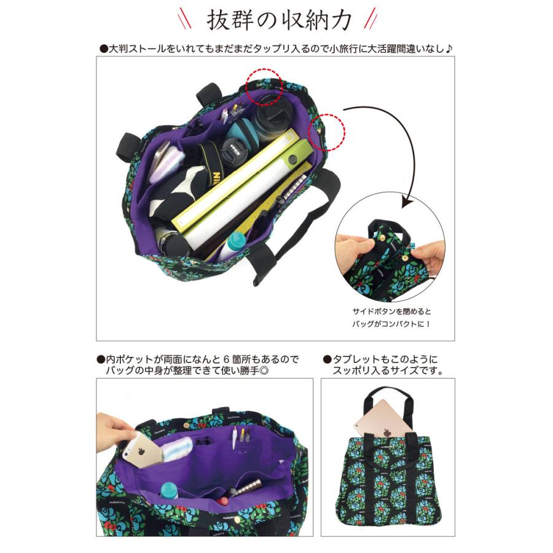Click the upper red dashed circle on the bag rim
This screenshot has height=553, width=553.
point(264,87)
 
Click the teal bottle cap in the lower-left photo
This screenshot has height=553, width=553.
point(168,489)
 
